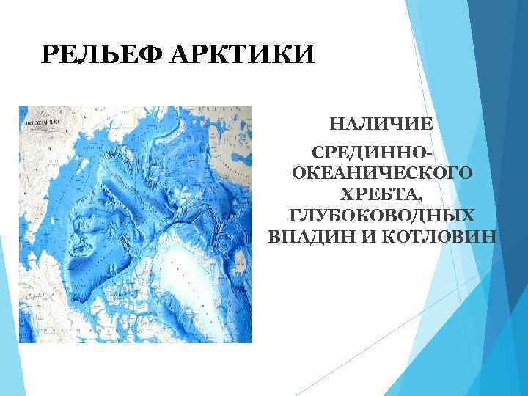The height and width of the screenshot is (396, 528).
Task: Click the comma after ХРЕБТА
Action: pyautogui.click(x=420, y=199)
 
